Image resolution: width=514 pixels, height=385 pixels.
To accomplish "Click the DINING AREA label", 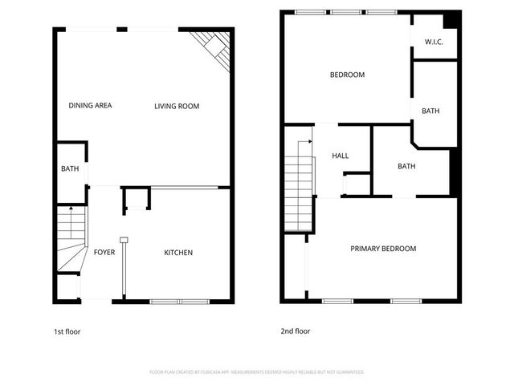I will (x=90, y=106).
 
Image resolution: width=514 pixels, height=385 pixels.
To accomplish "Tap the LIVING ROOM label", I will (x=177, y=106).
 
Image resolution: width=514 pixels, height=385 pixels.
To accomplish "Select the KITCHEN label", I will (x=178, y=253).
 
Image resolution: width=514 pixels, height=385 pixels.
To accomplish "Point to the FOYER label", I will (x=104, y=253).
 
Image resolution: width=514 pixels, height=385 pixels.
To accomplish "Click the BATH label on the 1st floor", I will (x=70, y=169).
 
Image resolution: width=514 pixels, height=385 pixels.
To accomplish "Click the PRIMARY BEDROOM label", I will (x=383, y=249).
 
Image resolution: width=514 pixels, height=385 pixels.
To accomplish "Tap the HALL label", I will (x=341, y=156).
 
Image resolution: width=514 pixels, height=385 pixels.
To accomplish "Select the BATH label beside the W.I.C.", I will (x=430, y=111).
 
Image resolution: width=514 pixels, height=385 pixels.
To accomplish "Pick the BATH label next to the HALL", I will (x=406, y=167).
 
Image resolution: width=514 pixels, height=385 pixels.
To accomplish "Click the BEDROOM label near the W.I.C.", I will (x=347, y=75).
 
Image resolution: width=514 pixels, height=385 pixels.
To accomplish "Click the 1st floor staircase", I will (x=71, y=241).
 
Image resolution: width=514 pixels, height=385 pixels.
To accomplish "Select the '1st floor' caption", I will (x=67, y=331).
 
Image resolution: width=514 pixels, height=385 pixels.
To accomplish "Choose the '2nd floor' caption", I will (x=296, y=331).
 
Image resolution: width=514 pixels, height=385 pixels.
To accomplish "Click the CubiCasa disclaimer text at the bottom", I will (x=257, y=372).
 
